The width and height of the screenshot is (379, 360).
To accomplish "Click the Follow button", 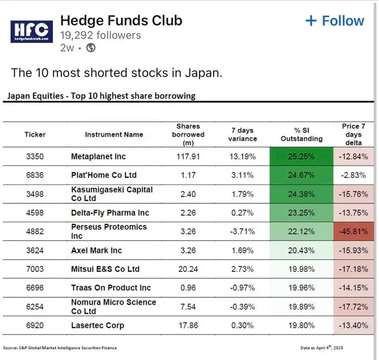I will point(335,21).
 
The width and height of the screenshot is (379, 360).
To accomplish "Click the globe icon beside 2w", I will point(91,47).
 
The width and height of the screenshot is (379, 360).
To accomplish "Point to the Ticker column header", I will point(35,134).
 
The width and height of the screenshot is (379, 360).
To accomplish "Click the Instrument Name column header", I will point(114,134).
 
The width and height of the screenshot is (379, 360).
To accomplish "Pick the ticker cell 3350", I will point(35,156).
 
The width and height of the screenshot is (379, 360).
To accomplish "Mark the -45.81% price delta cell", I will point(353,231).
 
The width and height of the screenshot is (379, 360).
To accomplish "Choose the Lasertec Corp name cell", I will point(98,325).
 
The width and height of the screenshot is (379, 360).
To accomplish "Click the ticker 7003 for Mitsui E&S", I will point(35,269).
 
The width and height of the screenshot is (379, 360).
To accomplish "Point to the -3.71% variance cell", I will point(242,231).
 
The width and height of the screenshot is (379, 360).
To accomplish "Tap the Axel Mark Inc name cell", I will point(96,250).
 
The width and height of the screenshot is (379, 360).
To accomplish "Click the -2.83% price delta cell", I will point(353,175).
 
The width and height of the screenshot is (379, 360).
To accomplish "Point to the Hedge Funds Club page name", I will point(121,21).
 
